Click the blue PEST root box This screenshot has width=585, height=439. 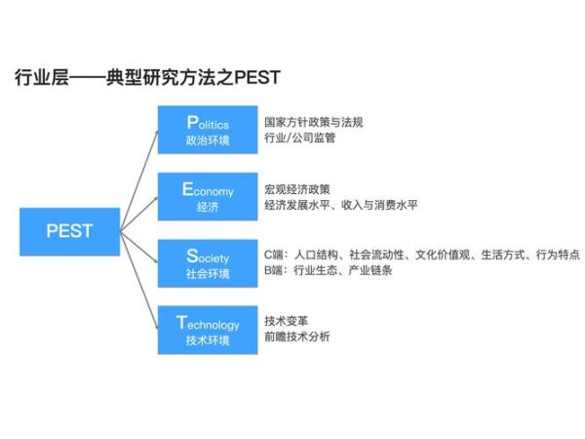pyautogui.click(x=69, y=231)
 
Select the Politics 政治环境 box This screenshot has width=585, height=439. pyautogui.click(x=208, y=131)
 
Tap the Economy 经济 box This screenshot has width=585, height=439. pyautogui.click(x=208, y=197)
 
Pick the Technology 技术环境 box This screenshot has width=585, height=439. pyautogui.click(x=208, y=330)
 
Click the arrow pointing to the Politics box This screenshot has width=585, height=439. pyautogui.click(x=139, y=176)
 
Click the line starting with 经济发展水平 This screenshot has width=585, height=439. pyautogui.click(x=338, y=206)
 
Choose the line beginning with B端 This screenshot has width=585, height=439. pyautogui.click(x=328, y=271)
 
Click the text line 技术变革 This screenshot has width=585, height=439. pyautogui.click(x=284, y=320)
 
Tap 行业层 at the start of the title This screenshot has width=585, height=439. pyautogui.click(x=37, y=76)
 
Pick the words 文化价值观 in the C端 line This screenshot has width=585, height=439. pyautogui.click(x=442, y=255)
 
